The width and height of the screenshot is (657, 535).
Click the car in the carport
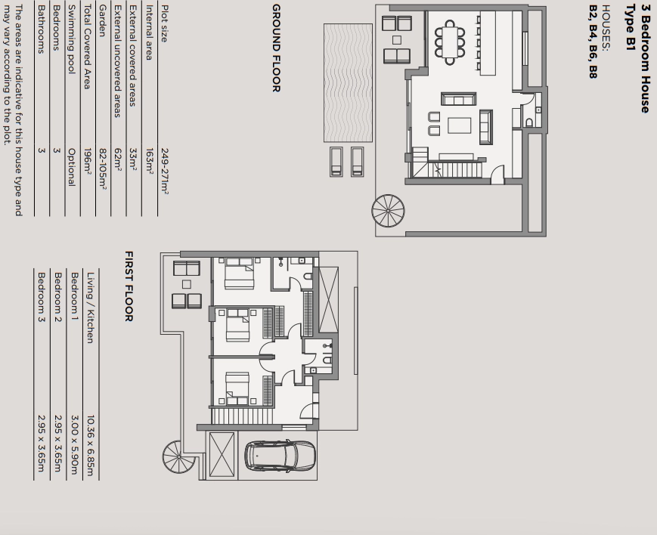click(x=280, y=455)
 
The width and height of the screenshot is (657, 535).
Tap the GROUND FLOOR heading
click(x=277, y=48)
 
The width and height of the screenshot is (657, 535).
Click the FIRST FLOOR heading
click(x=129, y=286)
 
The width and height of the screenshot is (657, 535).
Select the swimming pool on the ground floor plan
click(x=348, y=83)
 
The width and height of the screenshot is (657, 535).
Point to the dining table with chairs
click(x=450, y=42)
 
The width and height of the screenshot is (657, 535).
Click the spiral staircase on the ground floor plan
click(x=389, y=211)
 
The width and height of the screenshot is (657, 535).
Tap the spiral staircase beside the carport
click(x=179, y=456)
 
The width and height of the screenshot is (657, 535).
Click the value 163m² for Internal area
click(x=149, y=160)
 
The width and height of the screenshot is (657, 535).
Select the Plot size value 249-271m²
click(x=164, y=172)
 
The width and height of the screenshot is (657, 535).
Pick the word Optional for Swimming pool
click(x=72, y=167)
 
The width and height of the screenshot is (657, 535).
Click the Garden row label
click(x=102, y=21)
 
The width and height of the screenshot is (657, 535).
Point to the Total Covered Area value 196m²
click(x=87, y=161)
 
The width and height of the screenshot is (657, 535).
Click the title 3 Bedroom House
click(x=645, y=59)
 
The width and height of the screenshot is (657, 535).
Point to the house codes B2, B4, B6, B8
click(x=593, y=42)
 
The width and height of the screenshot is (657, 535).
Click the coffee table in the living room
click(x=460, y=125)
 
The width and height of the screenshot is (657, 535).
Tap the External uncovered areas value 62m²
click(x=118, y=159)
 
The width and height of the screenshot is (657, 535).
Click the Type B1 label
click(x=631, y=28)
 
